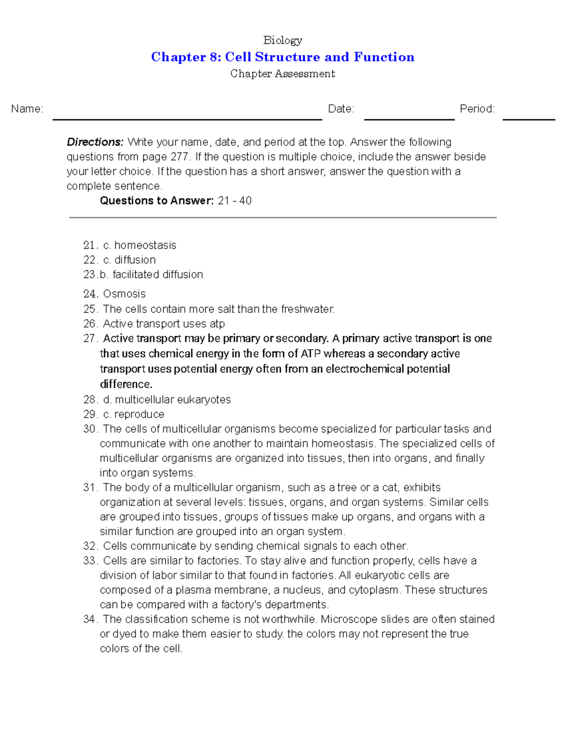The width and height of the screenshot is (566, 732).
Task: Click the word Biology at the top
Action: (283, 40)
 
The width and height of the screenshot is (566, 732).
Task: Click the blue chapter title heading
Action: (283, 57)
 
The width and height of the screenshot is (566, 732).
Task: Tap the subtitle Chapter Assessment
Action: (283, 74)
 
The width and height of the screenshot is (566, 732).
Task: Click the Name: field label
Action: (27, 109)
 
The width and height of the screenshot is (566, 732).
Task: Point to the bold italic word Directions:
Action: (95, 142)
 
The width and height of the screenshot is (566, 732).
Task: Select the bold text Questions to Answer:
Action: (157, 201)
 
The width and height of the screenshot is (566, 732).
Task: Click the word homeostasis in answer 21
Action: (145, 245)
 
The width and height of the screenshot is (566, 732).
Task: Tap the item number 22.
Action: (90, 260)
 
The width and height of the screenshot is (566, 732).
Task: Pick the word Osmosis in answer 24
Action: (124, 294)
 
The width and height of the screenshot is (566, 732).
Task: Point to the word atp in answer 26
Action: (217, 324)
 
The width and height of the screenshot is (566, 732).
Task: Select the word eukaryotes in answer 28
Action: (204, 400)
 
